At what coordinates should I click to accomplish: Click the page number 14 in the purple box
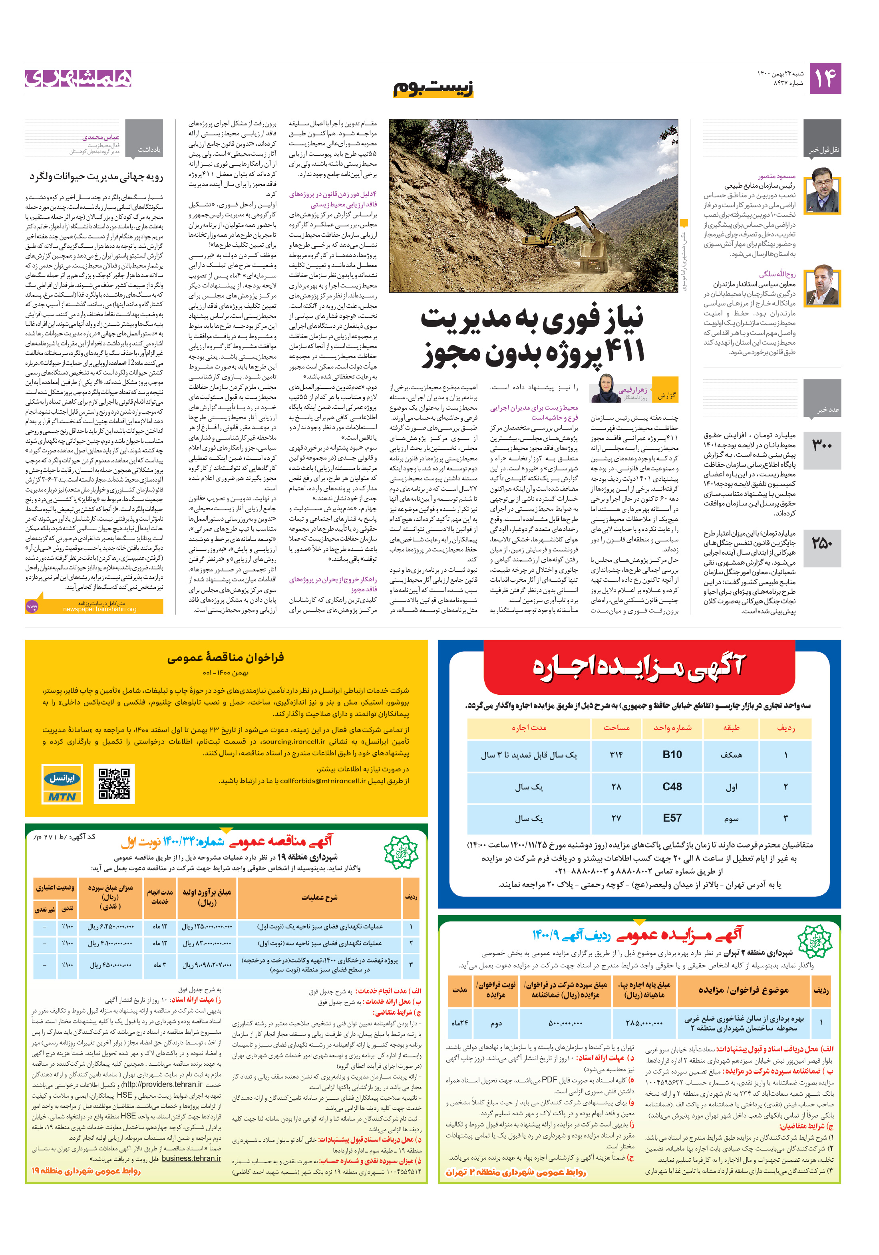(x=824, y=78)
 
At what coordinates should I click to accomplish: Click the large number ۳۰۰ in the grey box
(x=821, y=446)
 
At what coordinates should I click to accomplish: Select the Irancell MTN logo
(x=62, y=784)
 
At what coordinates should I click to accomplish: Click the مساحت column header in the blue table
(x=616, y=728)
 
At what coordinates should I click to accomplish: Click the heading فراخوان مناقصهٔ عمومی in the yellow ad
(x=225, y=657)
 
